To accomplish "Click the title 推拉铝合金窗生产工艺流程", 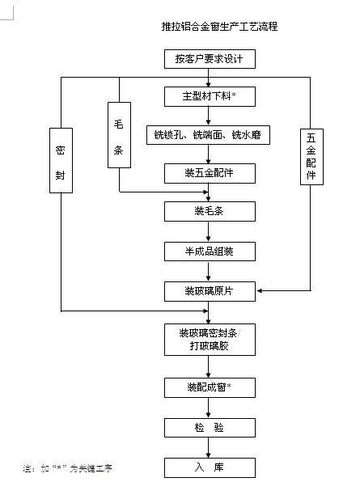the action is click(x=219, y=27).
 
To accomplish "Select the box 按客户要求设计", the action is click(x=210, y=59).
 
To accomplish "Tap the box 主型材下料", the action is click(x=210, y=96).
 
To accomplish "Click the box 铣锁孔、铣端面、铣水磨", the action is click(x=208, y=135).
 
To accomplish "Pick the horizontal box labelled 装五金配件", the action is click(x=210, y=173).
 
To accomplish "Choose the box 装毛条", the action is click(x=210, y=212).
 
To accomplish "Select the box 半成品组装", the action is click(x=210, y=252).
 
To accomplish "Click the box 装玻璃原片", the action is click(x=210, y=291).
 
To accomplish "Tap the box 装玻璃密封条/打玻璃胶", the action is click(x=210, y=340).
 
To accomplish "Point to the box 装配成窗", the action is click(x=210, y=387).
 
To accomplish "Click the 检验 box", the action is click(x=210, y=428).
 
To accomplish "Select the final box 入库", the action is click(x=210, y=468).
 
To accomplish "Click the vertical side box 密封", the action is click(x=61, y=160).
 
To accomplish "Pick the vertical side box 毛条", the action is click(x=119, y=135).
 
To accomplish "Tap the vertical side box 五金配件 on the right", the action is click(x=311, y=157).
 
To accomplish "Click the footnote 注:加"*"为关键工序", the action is click(x=67, y=468).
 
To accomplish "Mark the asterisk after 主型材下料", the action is click(x=234, y=95).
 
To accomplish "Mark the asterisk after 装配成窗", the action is click(x=229, y=386).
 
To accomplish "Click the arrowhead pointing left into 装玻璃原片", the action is click(x=259, y=290).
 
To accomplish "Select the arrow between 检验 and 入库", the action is click(x=208, y=447).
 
